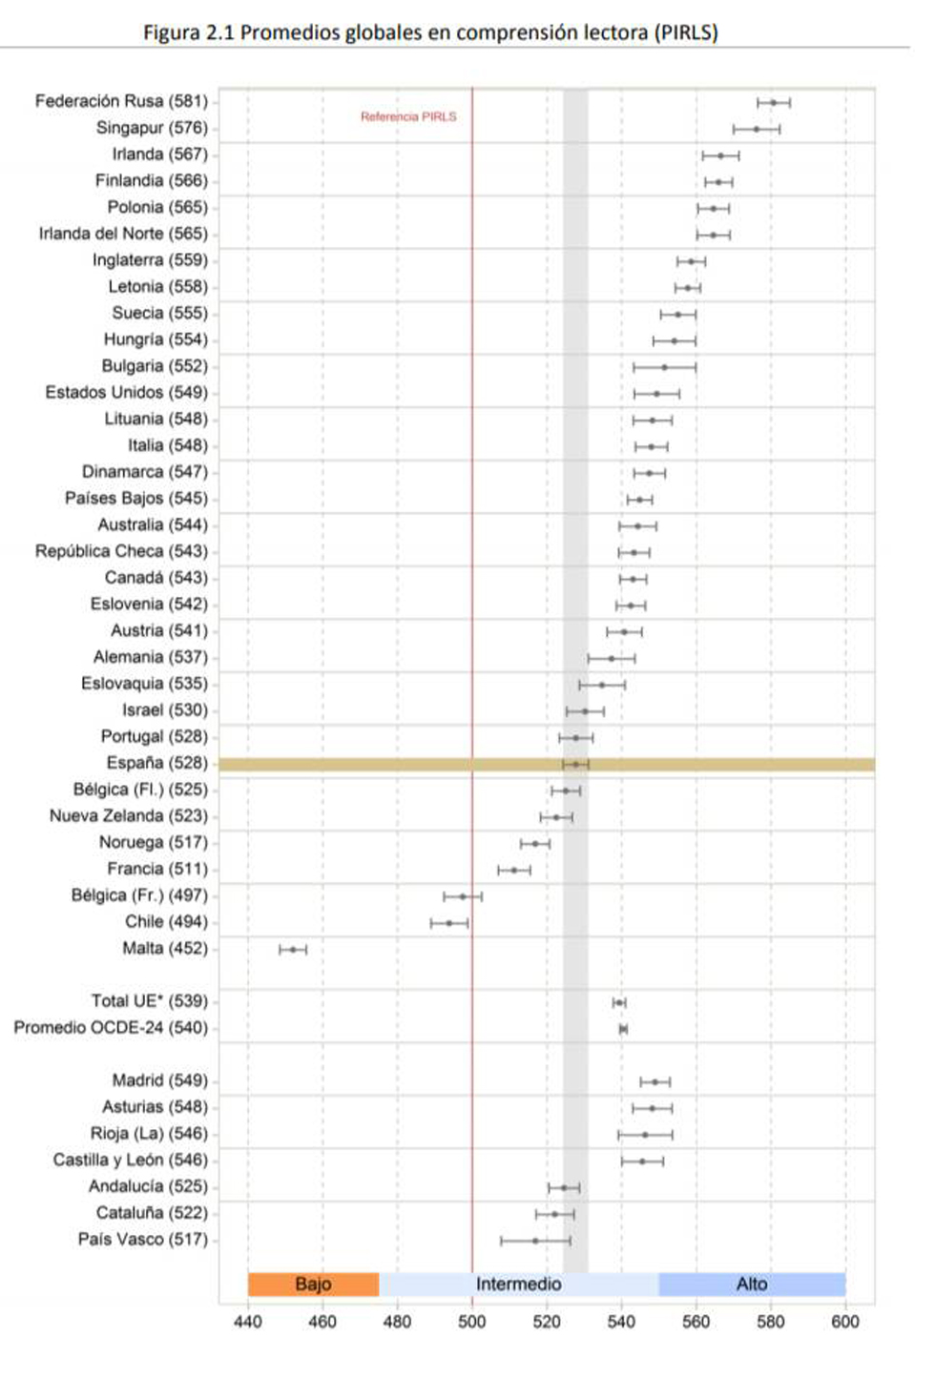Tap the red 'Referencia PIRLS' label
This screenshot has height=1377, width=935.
(408, 116)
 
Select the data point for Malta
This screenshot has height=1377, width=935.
(293, 950)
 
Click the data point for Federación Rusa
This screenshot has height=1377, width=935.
(774, 102)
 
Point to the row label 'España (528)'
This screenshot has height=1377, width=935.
(157, 763)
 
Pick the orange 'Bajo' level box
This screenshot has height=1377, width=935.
(313, 1285)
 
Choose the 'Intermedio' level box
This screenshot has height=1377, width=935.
(518, 1285)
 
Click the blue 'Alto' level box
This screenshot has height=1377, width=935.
(752, 1285)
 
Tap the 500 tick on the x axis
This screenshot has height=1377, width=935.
(472, 1322)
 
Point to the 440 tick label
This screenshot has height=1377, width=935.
(248, 1322)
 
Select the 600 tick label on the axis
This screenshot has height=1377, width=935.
(845, 1322)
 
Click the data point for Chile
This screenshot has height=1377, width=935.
(449, 923)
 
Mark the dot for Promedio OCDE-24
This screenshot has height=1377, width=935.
(623, 1029)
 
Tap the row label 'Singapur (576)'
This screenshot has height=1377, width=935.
(152, 128)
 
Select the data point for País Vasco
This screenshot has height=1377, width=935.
(535, 1241)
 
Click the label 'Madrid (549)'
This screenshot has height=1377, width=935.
(159, 1080)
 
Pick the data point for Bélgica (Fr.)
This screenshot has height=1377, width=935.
(463, 896)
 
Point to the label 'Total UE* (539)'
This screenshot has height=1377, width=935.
(149, 1001)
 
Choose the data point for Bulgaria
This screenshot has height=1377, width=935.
(665, 367)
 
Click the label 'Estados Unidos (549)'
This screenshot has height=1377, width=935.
(126, 393)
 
